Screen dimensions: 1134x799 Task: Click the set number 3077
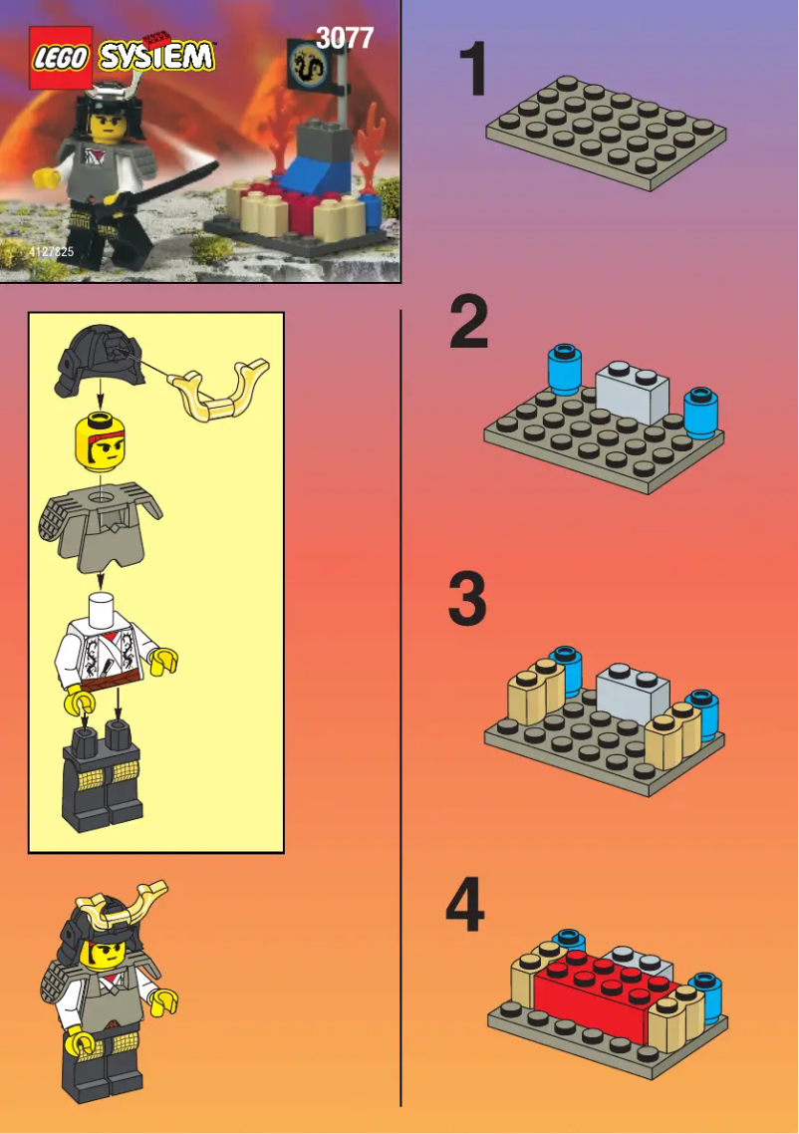click(x=344, y=38)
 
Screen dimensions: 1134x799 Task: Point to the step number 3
click(x=467, y=600)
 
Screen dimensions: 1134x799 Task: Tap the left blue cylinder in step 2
click(x=564, y=371)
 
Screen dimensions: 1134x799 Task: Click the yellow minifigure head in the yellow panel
click(x=101, y=444)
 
